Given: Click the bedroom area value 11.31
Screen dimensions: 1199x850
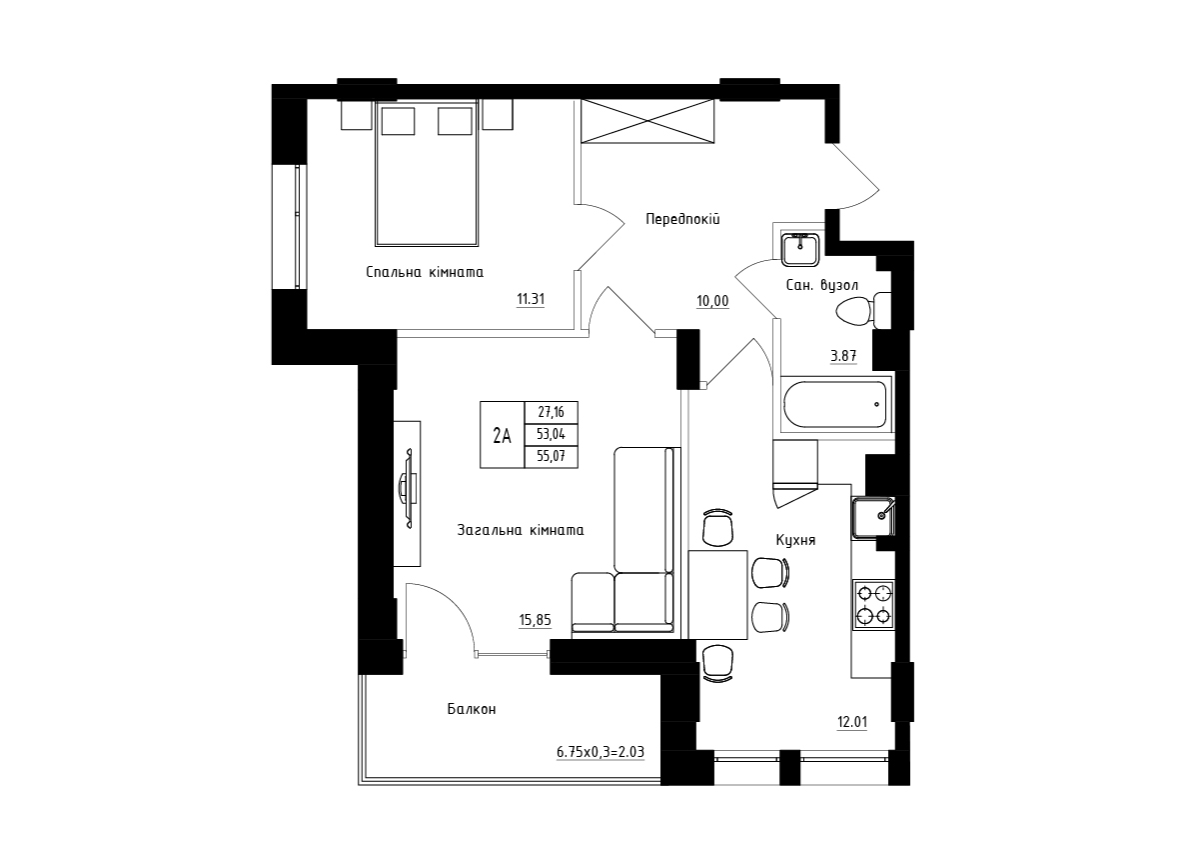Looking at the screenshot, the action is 531,299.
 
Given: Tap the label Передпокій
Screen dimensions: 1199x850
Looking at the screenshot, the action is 682,219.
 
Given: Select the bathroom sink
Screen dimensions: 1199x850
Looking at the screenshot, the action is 800,250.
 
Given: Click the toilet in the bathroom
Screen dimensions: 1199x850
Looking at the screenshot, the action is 863,310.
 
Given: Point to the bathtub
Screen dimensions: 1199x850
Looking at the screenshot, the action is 835,404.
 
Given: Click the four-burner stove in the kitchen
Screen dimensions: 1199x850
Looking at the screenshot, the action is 873,604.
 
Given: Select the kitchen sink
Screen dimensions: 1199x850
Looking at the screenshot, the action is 873,517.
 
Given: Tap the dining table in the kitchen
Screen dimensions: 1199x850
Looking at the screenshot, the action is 717,595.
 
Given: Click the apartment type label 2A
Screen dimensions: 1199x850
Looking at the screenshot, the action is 502,436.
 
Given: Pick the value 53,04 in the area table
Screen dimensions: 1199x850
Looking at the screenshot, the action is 552,434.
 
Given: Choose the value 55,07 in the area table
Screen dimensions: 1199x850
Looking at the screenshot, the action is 552,457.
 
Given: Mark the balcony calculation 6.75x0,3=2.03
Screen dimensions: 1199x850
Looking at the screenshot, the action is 600,753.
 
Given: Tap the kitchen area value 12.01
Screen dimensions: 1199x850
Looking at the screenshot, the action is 852,722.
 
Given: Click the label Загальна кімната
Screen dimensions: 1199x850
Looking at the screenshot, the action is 521,530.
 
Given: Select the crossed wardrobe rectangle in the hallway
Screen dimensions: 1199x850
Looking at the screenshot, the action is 647,121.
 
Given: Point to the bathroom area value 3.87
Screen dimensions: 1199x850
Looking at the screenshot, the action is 843,356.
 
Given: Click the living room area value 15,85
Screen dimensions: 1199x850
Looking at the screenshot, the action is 535,620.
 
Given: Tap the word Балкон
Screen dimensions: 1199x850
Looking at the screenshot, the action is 472,709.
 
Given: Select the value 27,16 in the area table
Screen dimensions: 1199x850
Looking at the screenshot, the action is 552,412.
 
